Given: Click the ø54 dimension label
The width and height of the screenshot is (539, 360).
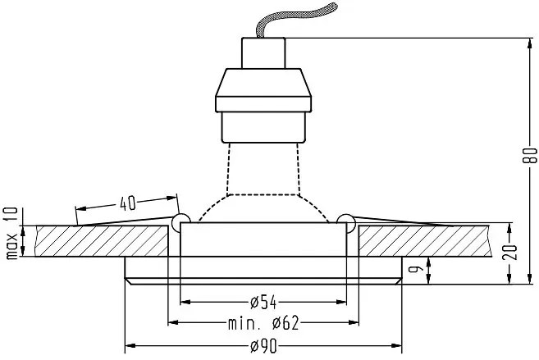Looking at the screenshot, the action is [x=263, y=303].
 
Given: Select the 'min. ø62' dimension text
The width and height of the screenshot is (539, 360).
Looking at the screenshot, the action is [x=263, y=323].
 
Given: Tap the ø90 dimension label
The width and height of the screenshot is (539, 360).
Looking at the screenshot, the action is [x=263, y=346].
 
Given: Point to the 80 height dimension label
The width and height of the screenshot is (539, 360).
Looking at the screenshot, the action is [x=531, y=155].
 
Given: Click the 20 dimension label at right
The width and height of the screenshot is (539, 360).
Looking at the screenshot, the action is [x=510, y=252].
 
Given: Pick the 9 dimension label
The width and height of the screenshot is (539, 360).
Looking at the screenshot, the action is [x=414, y=268].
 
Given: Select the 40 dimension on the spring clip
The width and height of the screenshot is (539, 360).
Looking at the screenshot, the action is [x=128, y=203].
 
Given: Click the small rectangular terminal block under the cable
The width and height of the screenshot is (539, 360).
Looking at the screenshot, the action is [x=263, y=53].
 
